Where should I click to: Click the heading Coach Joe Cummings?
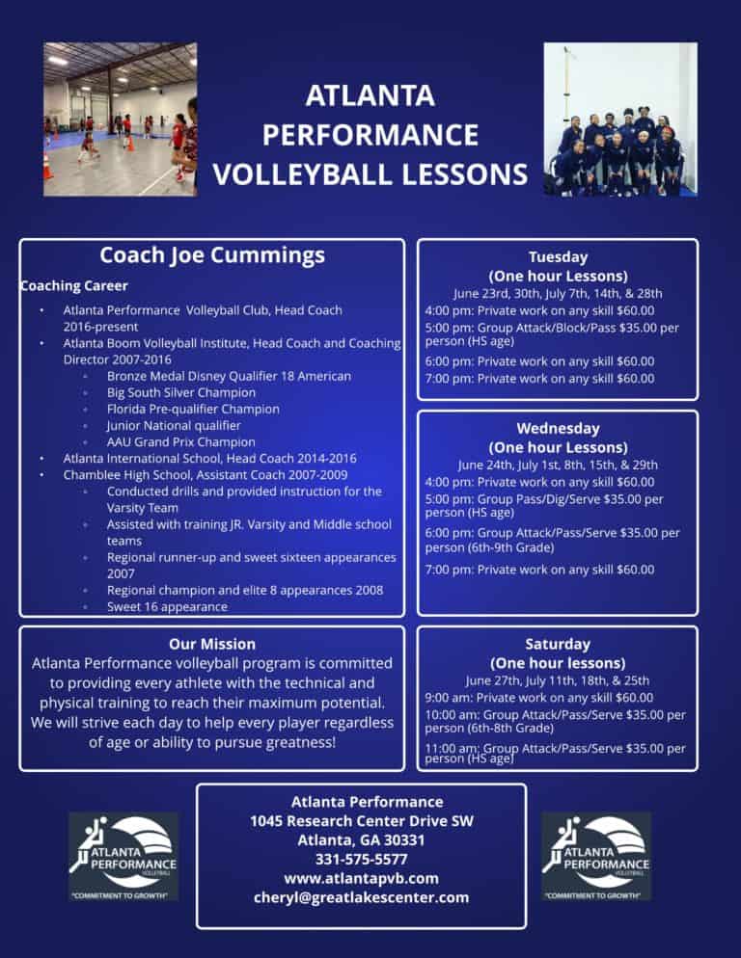(x=211, y=255)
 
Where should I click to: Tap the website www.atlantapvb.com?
(x=361, y=879)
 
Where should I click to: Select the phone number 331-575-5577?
(x=361, y=860)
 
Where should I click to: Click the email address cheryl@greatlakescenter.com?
(x=361, y=897)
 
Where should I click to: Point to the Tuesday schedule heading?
(x=558, y=257)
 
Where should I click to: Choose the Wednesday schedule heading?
(x=558, y=428)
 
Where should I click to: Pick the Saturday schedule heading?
(x=558, y=644)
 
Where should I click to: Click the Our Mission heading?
(x=211, y=644)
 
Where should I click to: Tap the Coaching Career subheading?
(x=74, y=286)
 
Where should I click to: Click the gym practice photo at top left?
(x=120, y=120)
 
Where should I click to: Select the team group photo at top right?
(x=620, y=120)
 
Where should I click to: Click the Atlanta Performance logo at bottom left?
(x=123, y=856)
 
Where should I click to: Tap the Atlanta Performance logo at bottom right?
(x=596, y=856)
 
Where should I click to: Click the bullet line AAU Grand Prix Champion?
(x=181, y=441)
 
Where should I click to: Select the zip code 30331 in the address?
(x=404, y=840)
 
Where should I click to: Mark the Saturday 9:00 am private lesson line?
(x=539, y=698)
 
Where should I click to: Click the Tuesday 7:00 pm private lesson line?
(x=539, y=379)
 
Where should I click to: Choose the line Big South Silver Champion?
(x=181, y=393)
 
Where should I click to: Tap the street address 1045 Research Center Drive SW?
(x=361, y=821)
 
